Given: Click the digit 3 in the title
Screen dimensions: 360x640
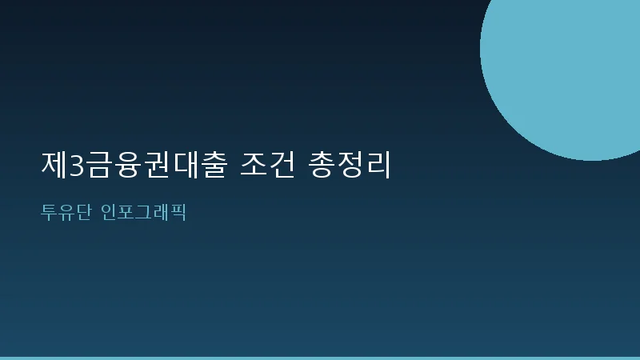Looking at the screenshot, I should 76,165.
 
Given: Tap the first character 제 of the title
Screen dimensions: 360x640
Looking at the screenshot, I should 54,164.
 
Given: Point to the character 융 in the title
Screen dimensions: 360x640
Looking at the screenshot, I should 124,164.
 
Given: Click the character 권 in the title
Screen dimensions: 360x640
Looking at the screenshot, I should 150,164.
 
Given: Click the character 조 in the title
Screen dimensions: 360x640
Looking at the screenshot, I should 252,164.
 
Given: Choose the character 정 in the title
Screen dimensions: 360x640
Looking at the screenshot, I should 351,164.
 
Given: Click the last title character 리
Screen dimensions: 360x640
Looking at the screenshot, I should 378,164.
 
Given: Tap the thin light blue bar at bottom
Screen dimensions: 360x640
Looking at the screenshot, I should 320,358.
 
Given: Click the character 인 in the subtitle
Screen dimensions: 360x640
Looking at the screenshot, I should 110,213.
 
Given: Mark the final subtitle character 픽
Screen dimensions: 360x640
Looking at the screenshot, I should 178,213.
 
